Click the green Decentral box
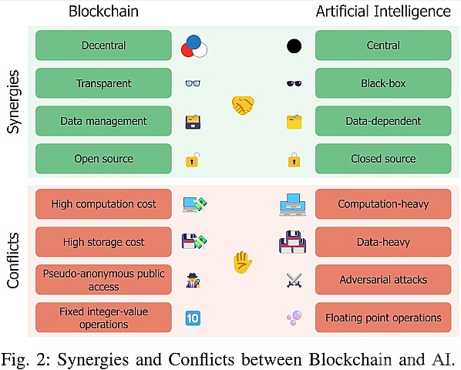pyautogui.click(x=103, y=45)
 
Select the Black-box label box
pyautogui.click(x=383, y=83)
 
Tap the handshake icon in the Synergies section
pyautogui.click(x=243, y=105)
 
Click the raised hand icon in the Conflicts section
pyautogui.click(x=243, y=262)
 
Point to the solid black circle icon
pyautogui.click(x=294, y=46)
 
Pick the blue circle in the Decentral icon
pyautogui.click(x=193, y=42)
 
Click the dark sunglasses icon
pyautogui.click(x=294, y=83)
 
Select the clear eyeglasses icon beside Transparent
pyautogui.click(x=193, y=83)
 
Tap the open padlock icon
pyautogui.click(x=193, y=160)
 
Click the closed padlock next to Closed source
pyautogui.click(x=294, y=160)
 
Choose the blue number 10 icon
pyautogui.click(x=193, y=318)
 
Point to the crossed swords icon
pyautogui.click(x=294, y=280)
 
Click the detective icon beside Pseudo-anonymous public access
pyautogui.click(x=193, y=280)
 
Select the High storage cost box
pyautogui.click(x=103, y=242)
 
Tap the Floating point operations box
pyautogui.click(x=383, y=318)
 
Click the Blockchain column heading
pyautogui.click(x=103, y=11)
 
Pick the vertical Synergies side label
pyautogui.click(x=13, y=102)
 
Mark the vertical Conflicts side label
pyautogui.click(x=13, y=261)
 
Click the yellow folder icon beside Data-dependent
pyautogui.click(x=294, y=122)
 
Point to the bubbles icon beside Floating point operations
pyautogui.click(x=294, y=318)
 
